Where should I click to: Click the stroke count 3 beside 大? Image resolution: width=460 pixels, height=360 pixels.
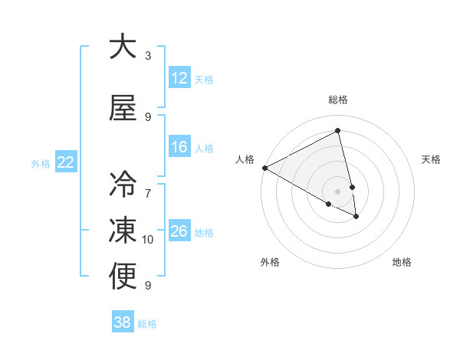(148, 56)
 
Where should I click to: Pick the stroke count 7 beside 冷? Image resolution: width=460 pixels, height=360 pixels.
(148, 185)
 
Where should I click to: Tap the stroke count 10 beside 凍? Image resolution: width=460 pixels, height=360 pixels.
(148, 240)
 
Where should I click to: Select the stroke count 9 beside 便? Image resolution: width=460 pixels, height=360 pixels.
(148, 286)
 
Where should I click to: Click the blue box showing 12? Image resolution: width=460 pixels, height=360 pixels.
(179, 77)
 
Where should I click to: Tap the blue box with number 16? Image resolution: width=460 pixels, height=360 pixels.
(179, 147)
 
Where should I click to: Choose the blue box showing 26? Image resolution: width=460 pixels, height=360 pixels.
(179, 231)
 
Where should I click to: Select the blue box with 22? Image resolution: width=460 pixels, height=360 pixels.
(65, 162)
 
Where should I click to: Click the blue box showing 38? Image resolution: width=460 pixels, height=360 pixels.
(123, 322)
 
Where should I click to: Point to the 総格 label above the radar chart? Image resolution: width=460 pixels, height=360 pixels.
(338, 100)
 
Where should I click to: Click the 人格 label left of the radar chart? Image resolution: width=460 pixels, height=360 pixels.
(245, 159)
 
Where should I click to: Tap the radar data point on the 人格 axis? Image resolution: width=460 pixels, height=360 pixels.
(264, 168)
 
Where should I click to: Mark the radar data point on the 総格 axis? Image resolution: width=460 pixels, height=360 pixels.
(338, 130)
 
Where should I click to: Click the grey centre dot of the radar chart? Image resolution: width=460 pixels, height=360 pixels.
(338, 191)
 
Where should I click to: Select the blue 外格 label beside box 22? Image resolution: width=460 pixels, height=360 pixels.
(41, 163)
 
